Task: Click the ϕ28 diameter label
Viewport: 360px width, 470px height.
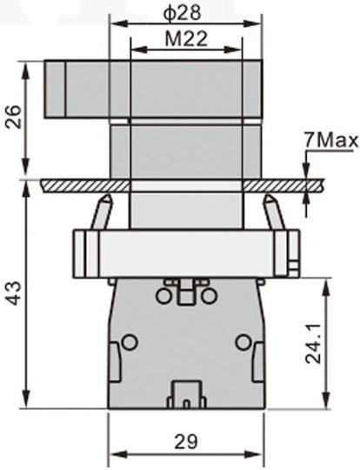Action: [182, 13]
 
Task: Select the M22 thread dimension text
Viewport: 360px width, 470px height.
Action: [186, 39]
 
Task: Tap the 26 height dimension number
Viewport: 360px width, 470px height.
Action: [13, 117]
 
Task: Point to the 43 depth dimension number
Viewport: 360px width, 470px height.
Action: [13, 293]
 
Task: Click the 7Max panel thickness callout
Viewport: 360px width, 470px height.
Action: [331, 141]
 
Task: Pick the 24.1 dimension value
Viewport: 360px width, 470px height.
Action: [314, 344]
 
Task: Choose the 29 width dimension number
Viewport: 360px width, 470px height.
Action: [186, 442]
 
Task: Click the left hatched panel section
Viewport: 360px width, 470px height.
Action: [85, 185]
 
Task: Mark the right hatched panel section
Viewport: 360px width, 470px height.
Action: [283, 185]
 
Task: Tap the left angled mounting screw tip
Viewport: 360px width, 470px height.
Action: [107, 198]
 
